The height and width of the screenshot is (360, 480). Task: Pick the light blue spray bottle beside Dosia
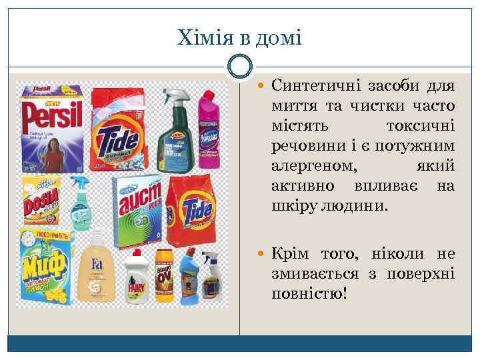[81, 203]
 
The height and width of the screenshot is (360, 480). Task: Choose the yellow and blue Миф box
[45, 266]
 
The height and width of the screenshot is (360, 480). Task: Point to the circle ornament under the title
[240, 66]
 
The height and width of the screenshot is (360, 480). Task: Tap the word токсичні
[420, 126]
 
